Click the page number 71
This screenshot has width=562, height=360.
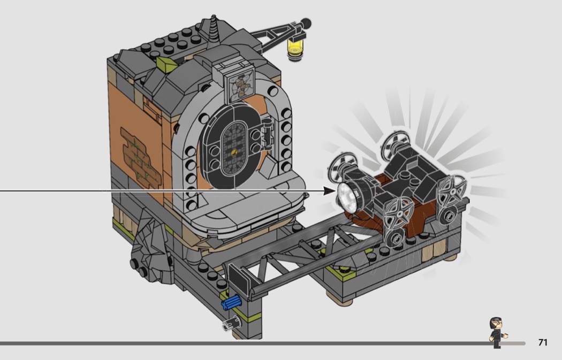pos(543,342)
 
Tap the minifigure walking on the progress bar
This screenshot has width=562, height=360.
pos(497,333)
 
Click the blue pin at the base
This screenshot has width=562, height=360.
pos(231,302)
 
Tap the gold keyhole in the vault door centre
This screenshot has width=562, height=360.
pos(234,152)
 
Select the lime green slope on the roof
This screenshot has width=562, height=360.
pos(166,64)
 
